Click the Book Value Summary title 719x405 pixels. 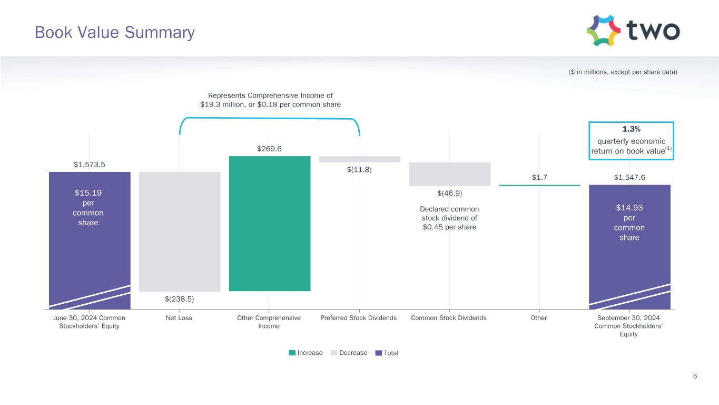point(114,33)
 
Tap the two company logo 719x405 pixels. point(633,31)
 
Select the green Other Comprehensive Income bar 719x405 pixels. point(269,223)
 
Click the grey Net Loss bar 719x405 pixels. point(180,232)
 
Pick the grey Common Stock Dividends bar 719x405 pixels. point(449,174)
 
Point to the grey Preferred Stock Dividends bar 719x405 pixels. point(359,159)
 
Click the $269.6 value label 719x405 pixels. point(269,149)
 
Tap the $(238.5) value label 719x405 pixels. point(180,299)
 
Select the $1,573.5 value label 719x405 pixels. point(90,165)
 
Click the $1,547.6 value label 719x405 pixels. point(629,177)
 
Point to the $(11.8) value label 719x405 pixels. point(359,170)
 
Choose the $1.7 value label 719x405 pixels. point(539,177)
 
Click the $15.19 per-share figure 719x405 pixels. point(88,193)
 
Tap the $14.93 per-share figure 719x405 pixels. point(629,208)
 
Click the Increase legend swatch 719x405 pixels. point(292,353)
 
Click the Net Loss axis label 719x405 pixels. point(179,318)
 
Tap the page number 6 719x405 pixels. point(695,376)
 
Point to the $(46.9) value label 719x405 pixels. point(449,193)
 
